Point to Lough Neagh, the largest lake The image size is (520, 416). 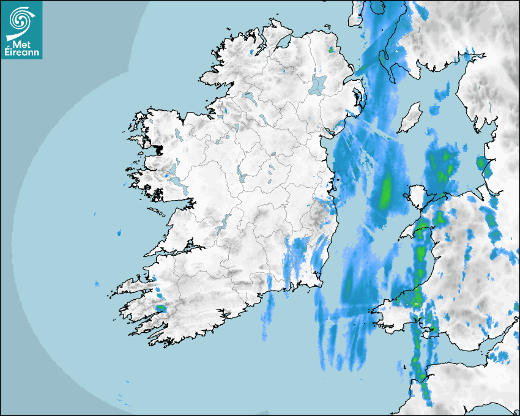point(318,84)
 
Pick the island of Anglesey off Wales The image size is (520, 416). point(416,197)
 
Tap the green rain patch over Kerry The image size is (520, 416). point(160,308)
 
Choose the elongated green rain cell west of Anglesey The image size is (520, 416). point(385,191)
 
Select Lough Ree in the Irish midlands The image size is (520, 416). point(242,175)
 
